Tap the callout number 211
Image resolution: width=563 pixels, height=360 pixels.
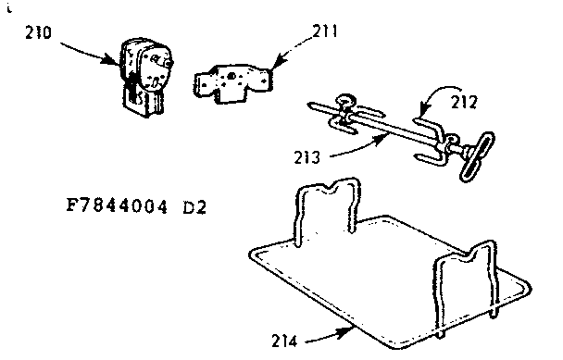coord(326,31)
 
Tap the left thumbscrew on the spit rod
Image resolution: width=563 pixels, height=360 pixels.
coord(345,105)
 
